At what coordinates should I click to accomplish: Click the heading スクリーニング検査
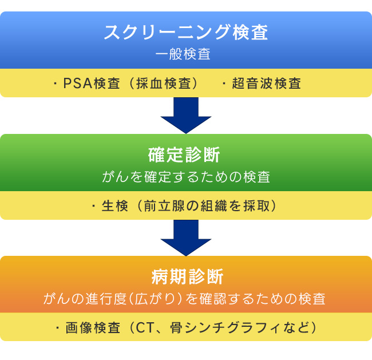point(186,32)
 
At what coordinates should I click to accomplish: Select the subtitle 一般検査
point(183,54)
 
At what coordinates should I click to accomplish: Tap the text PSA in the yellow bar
point(78,84)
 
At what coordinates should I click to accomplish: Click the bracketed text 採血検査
point(164,84)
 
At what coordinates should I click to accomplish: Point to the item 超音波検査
point(267,84)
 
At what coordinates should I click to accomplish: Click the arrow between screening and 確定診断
point(186,116)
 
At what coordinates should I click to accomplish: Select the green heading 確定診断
point(184,155)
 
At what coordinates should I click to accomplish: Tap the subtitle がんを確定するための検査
point(186,177)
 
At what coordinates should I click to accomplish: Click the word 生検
point(115,205)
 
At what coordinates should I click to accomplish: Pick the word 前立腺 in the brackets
point(164,205)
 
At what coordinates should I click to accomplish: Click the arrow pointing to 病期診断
point(186,238)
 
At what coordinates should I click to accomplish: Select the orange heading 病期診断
point(187,276)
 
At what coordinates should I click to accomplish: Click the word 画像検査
point(93,328)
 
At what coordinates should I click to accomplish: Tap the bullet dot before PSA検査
point(56,84)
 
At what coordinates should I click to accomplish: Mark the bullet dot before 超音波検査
point(224,84)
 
